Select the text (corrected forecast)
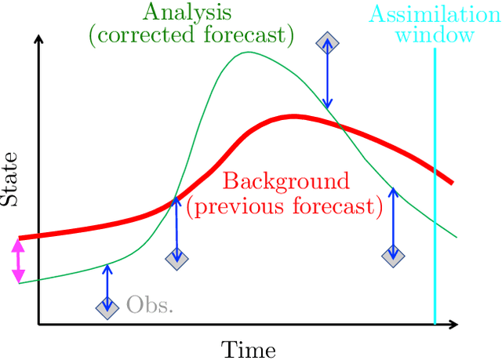point(192,35)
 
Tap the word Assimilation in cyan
point(434,13)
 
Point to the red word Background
point(286,181)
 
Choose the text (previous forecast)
point(284,206)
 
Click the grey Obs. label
point(149,304)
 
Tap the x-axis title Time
point(248,348)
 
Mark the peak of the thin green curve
point(249,53)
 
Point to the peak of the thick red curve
point(293,116)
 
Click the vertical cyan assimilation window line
point(435,196)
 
